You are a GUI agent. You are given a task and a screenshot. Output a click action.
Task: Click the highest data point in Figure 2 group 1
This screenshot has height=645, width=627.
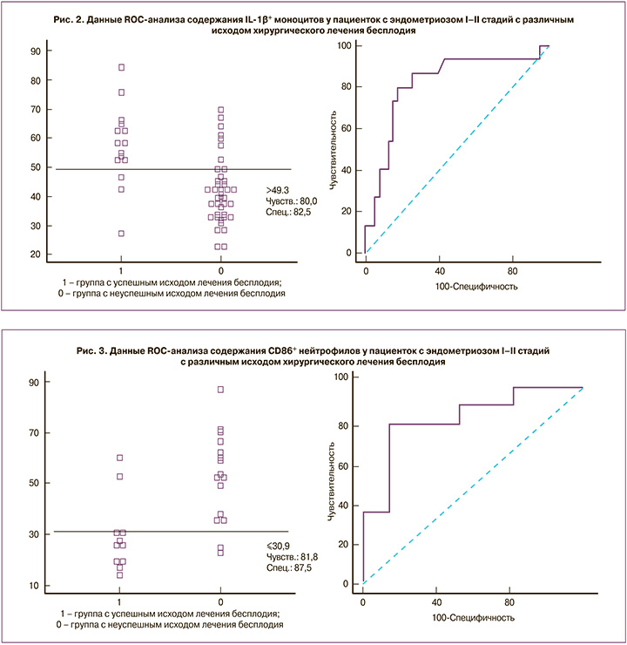tap(121, 67)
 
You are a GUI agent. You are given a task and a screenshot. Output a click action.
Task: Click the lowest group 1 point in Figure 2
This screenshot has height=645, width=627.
tap(121, 234)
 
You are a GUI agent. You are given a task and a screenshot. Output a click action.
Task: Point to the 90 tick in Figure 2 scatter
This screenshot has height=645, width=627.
tap(37, 51)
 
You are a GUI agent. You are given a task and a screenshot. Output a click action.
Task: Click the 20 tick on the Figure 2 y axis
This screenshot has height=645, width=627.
tap(37, 255)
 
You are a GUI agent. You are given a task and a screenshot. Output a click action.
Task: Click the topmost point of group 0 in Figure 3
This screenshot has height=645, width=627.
tap(221, 390)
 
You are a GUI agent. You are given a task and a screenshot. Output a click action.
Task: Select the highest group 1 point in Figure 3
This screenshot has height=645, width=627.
tap(120, 458)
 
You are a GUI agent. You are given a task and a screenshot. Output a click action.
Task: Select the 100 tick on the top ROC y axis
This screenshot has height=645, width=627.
tap(346, 44)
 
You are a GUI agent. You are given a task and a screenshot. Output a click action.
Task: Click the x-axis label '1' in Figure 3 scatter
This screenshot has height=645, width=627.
tap(118, 602)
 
